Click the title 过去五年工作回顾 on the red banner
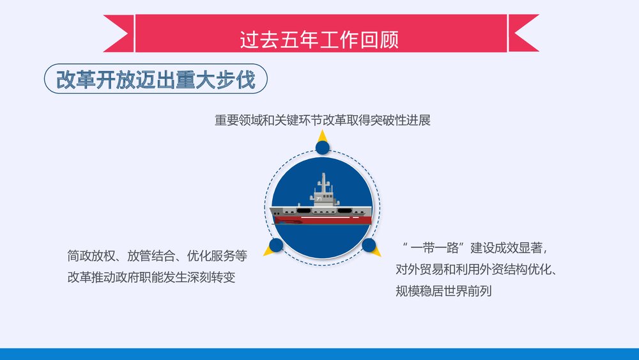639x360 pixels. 319,40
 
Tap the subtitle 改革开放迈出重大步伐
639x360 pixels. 155,81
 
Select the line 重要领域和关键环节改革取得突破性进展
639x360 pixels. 323,120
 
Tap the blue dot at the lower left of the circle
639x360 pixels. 276,245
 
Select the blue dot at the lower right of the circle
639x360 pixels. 369,245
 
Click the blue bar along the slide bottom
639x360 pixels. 319,354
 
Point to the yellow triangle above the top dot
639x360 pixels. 323,136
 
